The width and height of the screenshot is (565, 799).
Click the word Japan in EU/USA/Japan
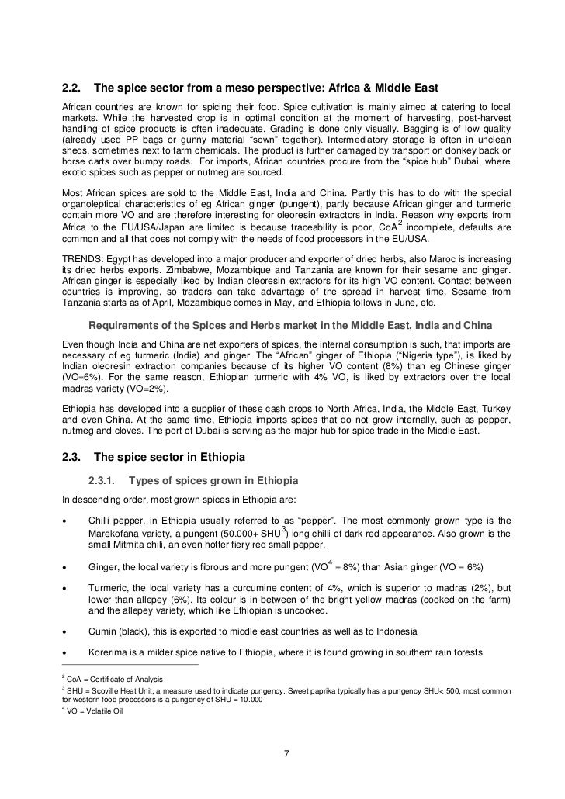tap(170, 228)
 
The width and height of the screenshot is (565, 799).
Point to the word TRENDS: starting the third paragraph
tap(82, 256)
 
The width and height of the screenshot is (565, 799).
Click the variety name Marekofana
tap(119, 534)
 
